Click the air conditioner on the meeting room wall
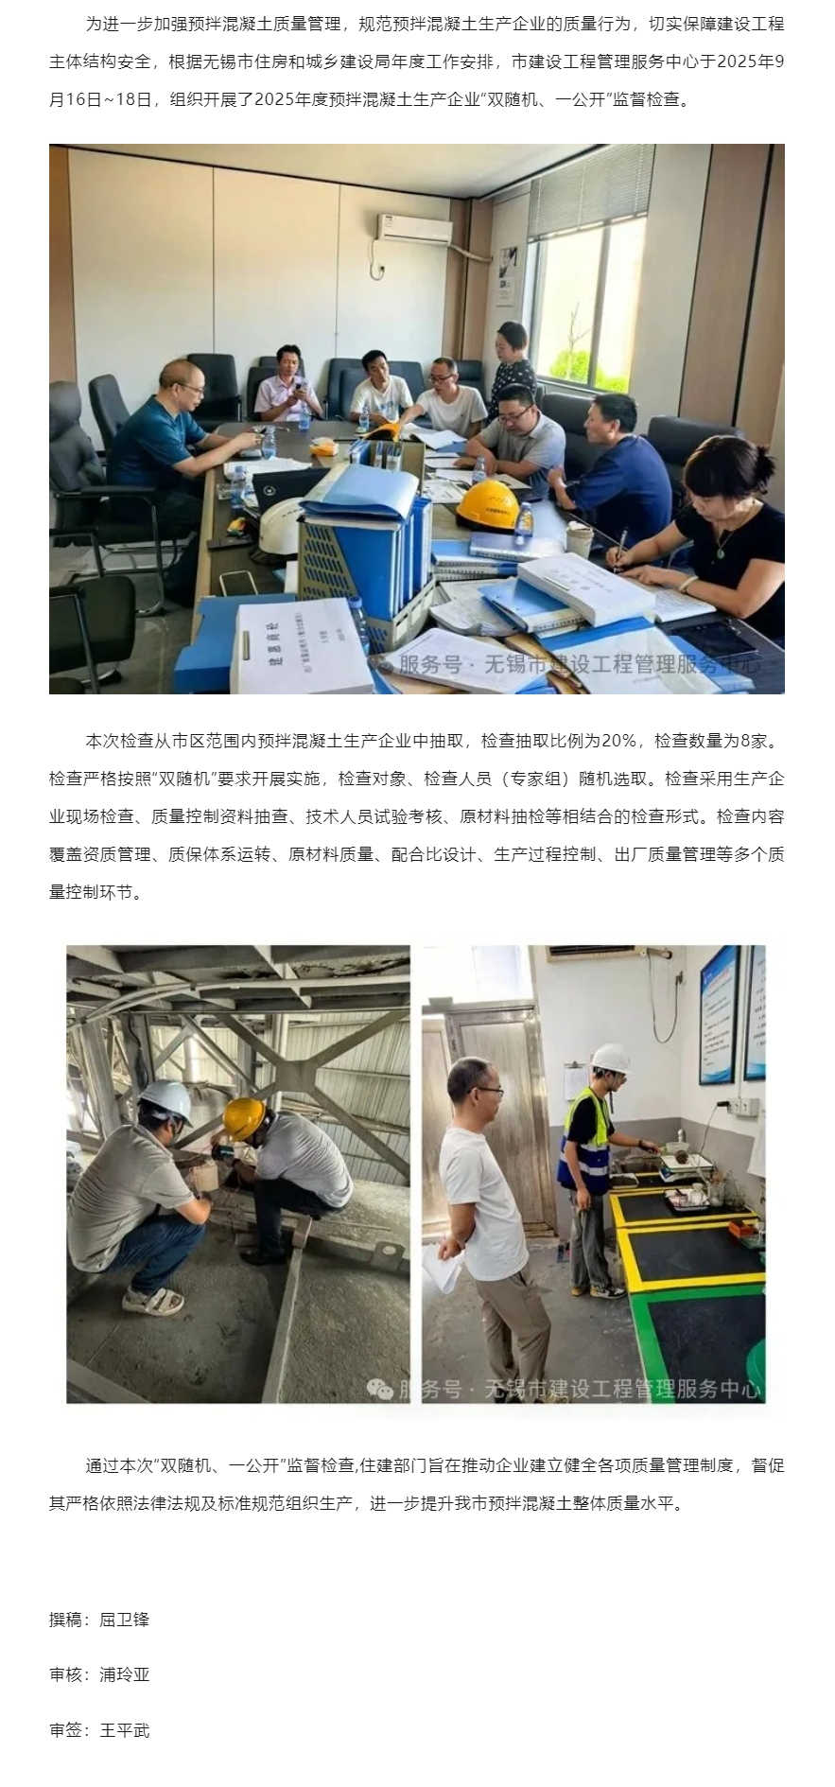tap(414, 229)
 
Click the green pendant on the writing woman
tap(723, 546)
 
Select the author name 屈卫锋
tap(124, 1619)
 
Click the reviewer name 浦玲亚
tap(124, 1674)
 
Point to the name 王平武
tap(124, 1730)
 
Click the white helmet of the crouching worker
tap(166, 1102)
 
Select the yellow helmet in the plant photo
tap(243, 1118)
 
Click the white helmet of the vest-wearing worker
tap(611, 1058)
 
